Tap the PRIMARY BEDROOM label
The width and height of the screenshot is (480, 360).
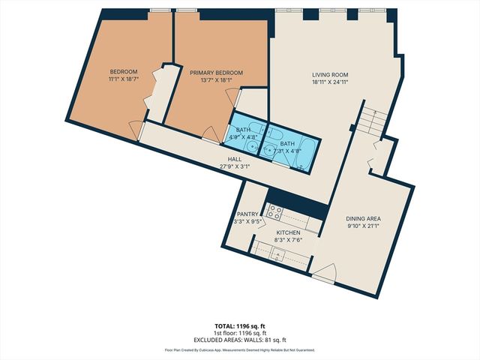(215, 73)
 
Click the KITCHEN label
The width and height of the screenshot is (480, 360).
(288, 233)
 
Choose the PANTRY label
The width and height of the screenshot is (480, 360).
(247, 214)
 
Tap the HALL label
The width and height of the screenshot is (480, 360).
(234, 158)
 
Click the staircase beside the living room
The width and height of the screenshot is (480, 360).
(372, 120)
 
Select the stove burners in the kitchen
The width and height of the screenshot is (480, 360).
(275, 213)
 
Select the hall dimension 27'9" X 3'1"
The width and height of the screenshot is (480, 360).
(234, 166)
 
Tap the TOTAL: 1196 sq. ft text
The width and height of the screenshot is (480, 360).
(239, 325)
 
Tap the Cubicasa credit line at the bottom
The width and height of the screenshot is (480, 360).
(239, 350)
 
